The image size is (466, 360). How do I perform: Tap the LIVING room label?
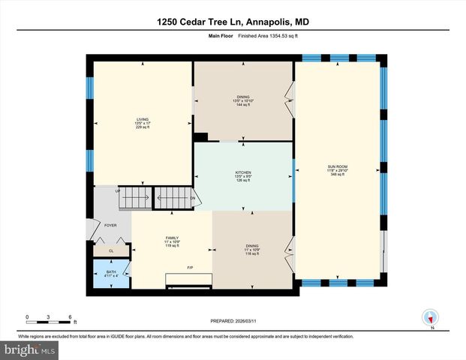coord(142,119)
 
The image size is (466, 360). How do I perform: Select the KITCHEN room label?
coord(242,172)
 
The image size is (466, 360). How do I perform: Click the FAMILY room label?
coord(172,238)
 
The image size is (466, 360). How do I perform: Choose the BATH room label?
coord(111,271)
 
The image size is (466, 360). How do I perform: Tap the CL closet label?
coord(111,251)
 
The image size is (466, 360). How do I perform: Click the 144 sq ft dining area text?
coord(243,105)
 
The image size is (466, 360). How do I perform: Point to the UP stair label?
coord(117,191)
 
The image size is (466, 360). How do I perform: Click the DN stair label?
coord(192,199)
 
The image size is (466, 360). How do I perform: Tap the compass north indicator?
coord(430,318)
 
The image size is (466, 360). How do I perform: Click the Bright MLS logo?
coord(28,350)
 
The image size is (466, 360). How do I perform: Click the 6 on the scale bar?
coord(70,316)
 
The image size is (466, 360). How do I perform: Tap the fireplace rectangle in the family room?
coord(187,280)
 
